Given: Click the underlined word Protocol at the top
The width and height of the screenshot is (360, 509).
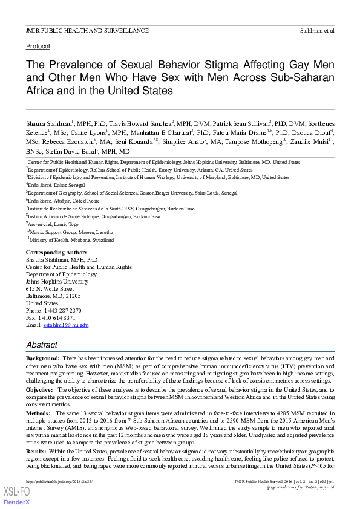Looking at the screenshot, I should click(x=38, y=46).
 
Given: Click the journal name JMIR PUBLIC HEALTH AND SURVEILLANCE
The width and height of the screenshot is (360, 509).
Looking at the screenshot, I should click(x=87, y=30).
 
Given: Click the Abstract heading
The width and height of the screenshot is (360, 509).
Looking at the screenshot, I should click(x=42, y=345).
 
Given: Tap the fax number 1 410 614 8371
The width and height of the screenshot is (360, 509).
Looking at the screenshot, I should click(x=57, y=318).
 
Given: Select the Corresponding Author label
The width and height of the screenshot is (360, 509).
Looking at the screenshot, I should click(x=56, y=253).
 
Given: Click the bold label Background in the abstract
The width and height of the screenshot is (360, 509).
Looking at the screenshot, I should click(x=42, y=359).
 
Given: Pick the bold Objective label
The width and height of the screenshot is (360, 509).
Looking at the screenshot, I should click(x=41, y=390).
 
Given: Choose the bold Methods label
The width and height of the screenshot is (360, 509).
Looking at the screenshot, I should click(x=39, y=413).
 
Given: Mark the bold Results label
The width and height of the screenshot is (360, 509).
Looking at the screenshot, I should click(x=37, y=451).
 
